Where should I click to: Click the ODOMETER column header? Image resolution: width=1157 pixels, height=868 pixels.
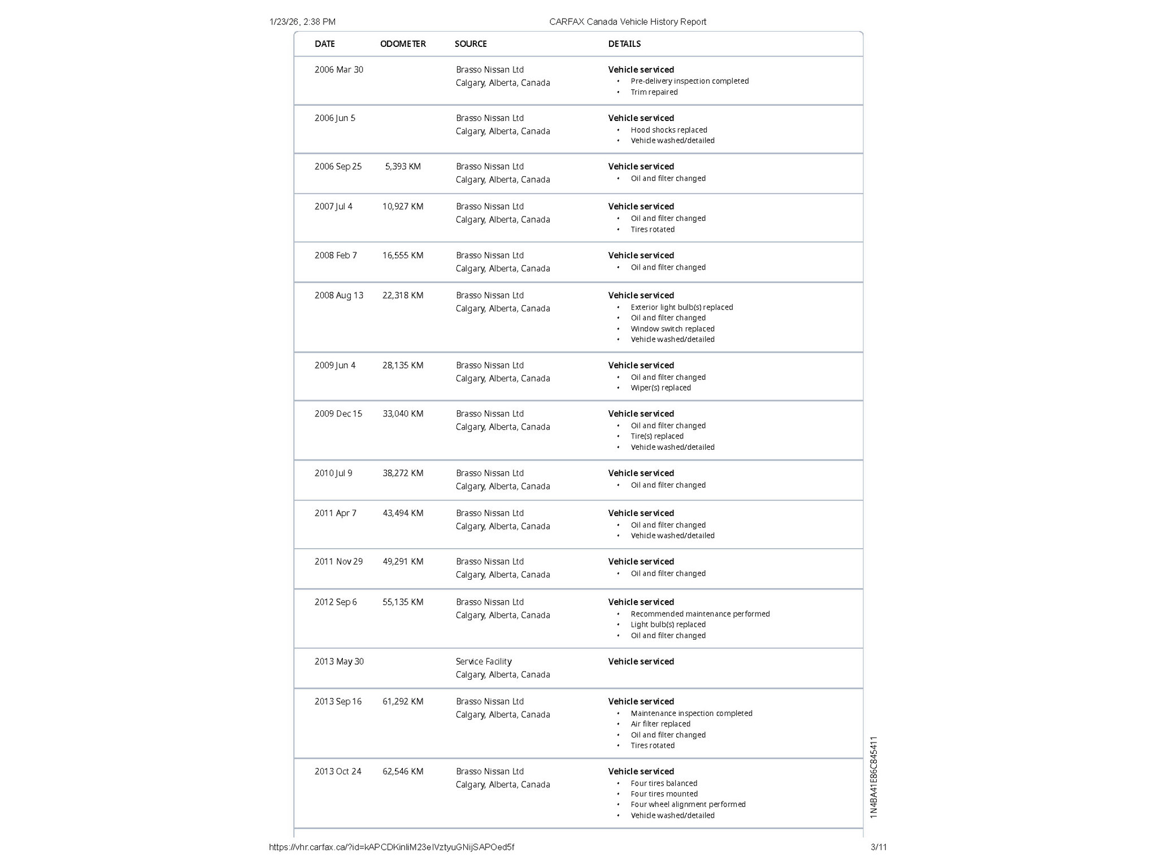403,44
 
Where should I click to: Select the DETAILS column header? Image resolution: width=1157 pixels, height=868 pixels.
624,44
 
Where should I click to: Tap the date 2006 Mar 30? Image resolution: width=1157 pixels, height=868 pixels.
339,70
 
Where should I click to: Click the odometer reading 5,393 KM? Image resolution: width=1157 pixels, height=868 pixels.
403,167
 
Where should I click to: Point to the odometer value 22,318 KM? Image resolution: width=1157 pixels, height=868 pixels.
403,296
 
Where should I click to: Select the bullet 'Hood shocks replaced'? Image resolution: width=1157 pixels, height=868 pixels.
669,130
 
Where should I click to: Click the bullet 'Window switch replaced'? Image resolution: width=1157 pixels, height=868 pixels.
672,329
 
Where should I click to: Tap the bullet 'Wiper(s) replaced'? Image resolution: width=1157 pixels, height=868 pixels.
660,388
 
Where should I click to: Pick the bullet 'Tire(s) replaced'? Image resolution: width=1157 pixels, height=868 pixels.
657,436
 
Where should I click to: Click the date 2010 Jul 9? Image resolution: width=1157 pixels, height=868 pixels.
333,474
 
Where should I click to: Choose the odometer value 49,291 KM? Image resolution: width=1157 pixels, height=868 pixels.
403,562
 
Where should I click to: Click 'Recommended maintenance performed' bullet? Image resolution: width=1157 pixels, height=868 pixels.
700,614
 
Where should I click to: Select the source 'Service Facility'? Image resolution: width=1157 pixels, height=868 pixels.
484,662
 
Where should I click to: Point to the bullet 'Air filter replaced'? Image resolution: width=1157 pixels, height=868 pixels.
660,724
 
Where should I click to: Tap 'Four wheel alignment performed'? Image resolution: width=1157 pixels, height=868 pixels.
688,805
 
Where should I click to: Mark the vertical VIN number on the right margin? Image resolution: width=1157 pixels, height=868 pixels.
873,777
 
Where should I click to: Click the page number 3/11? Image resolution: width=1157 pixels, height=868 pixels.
878,847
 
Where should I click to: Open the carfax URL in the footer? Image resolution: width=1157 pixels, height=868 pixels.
392,847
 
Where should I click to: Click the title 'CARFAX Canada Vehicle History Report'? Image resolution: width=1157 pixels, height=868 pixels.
628,22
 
